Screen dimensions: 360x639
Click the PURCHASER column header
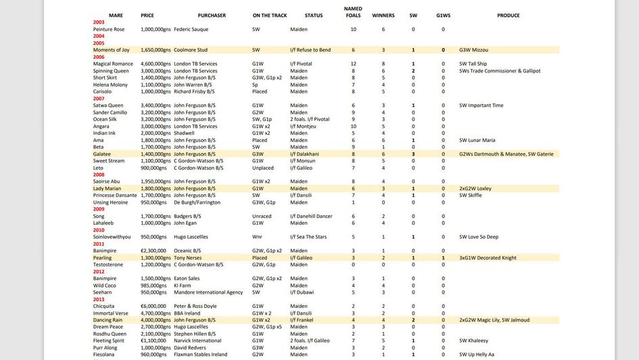pos(212,15)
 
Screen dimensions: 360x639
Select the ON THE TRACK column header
pos(269,15)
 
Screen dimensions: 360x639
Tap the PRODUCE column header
pos(508,15)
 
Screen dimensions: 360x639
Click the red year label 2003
pos(99,22)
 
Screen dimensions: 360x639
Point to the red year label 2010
pos(99,230)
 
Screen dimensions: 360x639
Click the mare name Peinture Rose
pos(109,29)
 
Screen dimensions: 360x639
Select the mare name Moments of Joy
pos(112,49)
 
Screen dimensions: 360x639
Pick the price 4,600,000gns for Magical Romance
pos(156,64)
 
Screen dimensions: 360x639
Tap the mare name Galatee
pos(103,154)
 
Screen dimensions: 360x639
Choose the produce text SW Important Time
pos(481,105)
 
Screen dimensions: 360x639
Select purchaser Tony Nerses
pos(189,258)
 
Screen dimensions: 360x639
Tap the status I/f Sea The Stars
pos(308,237)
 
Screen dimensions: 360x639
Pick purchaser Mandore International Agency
pos(208,292)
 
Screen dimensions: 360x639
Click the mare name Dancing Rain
pos(108,320)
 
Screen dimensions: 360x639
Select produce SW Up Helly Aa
pos(477,354)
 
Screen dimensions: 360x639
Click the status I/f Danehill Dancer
pos(311,216)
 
